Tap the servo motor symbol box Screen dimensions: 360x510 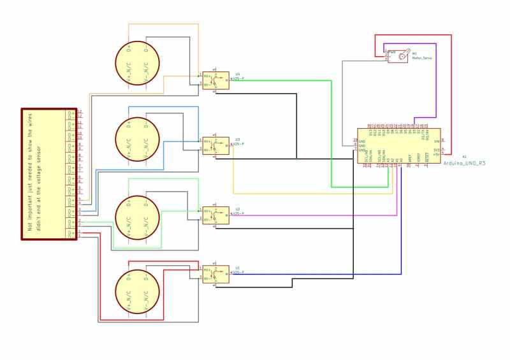pyautogui.click(x=398, y=57)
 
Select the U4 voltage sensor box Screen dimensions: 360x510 pyautogui.click(x=215, y=80)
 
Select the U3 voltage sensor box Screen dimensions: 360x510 pyautogui.click(x=215, y=146)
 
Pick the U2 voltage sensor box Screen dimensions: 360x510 pyautogui.click(x=215, y=215)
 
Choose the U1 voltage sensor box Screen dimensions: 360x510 pyautogui.click(x=215, y=274)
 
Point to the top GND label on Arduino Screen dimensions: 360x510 pyautogui.click(x=361, y=141)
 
